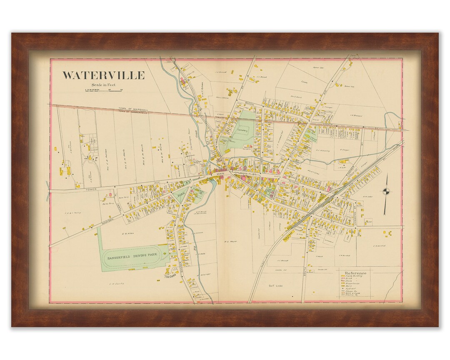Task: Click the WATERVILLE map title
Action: coord(103,75)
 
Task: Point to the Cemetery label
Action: coord(242,130)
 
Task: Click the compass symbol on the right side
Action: coord(386,192)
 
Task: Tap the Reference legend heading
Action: coord(355,273)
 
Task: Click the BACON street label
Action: coord(250,103)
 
